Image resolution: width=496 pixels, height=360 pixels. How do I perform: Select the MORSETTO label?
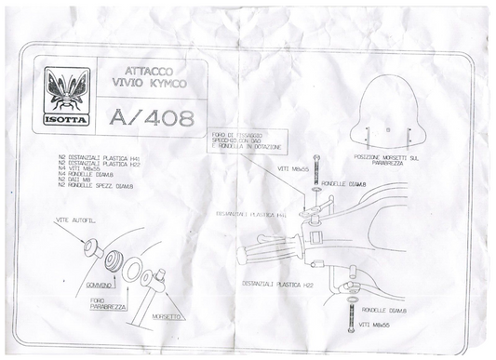[160, 315]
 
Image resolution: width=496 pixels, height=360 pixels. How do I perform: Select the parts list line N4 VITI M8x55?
[80, 168]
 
